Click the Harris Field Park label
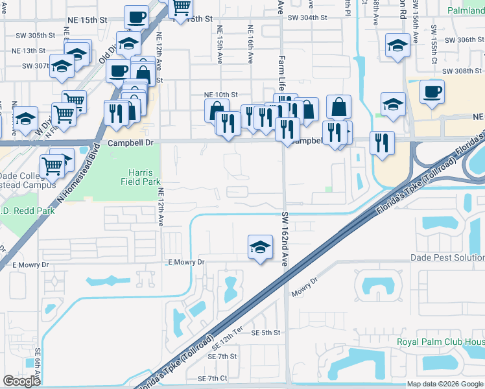pyautogui.click(x=140, y=178)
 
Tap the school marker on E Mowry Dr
pyautogui.click(x=260, y=248)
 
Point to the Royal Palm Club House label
pyautogui.click(x=441, y=342)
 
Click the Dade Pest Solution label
pyautogui.click(x=447, y=257)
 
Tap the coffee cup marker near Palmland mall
pyautogui.click(x=432, y=92)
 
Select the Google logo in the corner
pyautogui.click(x=21, y=381)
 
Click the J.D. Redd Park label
pyautogui.click(x=18, y=211)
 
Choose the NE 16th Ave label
pyautogui.click(x=250, y=45)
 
